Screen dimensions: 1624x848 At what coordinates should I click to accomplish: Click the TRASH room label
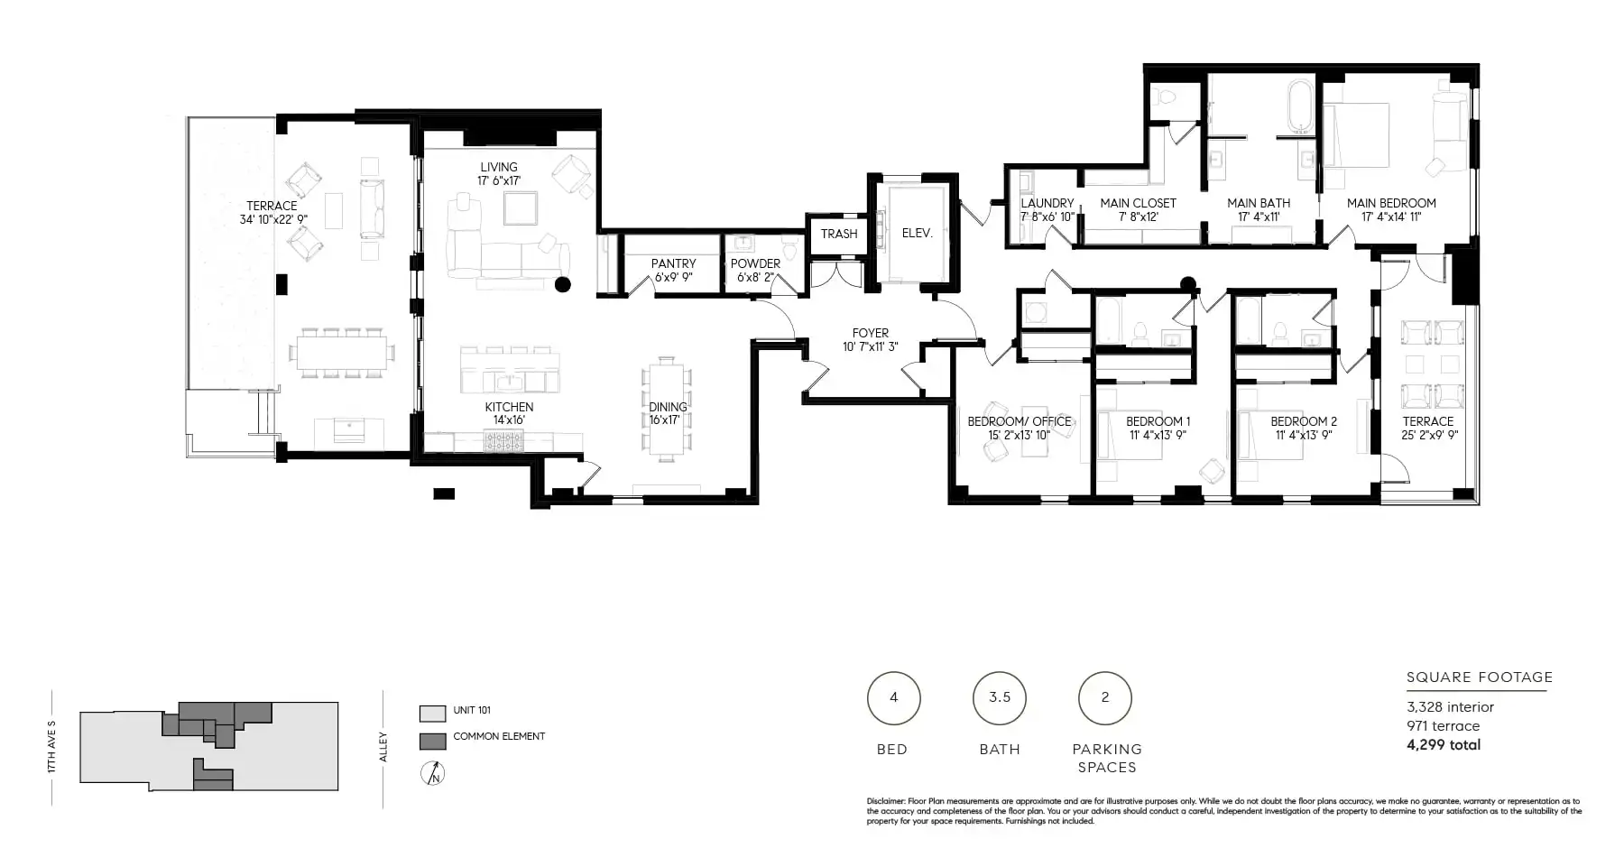pyautogui.click(x=839, y=234)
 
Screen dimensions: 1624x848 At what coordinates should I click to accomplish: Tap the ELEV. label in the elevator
pyautogui.click(x=917, y=233)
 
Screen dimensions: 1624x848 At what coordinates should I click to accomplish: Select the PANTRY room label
pyautogui.click(x=674, y=263)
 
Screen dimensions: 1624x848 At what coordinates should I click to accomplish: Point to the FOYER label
pyautogui.click(x=871, y=333)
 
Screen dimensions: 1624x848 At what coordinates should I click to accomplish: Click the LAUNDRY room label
pyautogui.click(x=1047, y=203)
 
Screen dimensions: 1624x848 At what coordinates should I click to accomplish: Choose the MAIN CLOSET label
pyautogui.click(x=1139, y=203)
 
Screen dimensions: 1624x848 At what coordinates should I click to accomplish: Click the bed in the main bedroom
pyautogui.click(x=1355, y=134)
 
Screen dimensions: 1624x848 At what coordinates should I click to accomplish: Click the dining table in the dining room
pyautogui.click(x=668, y=409)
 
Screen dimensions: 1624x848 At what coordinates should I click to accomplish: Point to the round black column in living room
pyautogui.click(x=563, y=285)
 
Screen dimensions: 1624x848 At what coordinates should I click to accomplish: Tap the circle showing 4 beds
pyautogui.click(x=894, y=697)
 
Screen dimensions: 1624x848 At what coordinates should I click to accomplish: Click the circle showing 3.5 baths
pyautogui.click(x=1000, y=697)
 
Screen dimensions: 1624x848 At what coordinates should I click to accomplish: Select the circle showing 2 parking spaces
pyautogui.click(x=1105, y=697)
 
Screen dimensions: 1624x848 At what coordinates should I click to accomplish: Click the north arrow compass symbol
pyautogui.click(x=434, y=773)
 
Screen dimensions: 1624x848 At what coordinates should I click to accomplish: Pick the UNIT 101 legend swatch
pyautogui.click(x=433, y=714)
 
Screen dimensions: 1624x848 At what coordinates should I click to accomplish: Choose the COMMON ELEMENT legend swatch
pyautogui.click(x=433, y=742)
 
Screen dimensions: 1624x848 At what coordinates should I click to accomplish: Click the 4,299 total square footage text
pyautogui.click(x=1444, y=745)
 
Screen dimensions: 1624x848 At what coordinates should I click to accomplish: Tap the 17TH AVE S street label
pyautogui.click(x=51, y=746)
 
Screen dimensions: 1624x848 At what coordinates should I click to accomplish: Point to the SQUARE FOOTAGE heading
pyautogui.click(x=1480, y=677)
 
